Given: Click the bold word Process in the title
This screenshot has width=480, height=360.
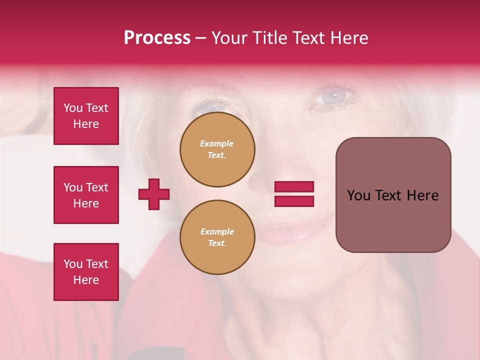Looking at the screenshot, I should point(157,38).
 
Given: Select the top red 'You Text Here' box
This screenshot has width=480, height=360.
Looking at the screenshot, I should point(86,116).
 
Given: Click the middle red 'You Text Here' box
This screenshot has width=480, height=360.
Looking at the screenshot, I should point(86,195).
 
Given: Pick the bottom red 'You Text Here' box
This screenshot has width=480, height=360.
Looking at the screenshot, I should point(86,272).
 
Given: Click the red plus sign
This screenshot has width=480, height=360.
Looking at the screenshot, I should point(154,194).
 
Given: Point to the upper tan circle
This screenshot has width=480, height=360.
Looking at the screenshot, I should point(217,149).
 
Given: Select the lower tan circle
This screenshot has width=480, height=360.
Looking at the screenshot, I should point(217,237).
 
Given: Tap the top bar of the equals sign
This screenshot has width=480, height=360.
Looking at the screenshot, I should point(294,186).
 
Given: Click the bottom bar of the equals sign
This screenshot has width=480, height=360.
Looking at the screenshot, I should point(294,201).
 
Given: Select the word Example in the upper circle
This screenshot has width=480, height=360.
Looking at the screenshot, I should point(217,143).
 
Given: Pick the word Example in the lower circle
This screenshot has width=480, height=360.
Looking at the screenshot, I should point(217,231).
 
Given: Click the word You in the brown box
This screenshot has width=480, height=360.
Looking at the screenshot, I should point(358,195).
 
